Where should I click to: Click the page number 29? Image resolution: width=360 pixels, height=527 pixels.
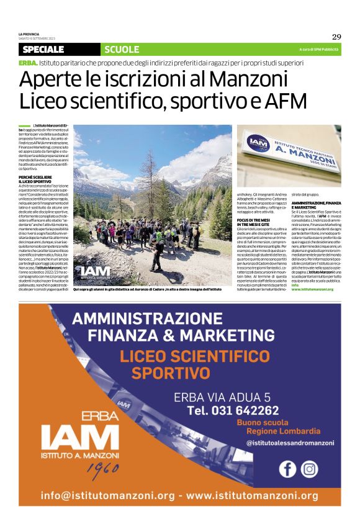[x=336, y=37]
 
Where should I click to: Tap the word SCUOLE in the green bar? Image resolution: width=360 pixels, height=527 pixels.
[x=122, y=49]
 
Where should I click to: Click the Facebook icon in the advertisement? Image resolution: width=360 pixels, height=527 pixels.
[x=287, y=469]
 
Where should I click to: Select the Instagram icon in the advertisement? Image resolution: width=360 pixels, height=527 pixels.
[x=308, y=469]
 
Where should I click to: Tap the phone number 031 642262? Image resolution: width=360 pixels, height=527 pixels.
[x=233, y=410]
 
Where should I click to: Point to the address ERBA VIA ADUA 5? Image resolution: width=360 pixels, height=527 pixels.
[x=222, y=396]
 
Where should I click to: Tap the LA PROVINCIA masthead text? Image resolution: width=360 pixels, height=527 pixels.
[x=29, y=35]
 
